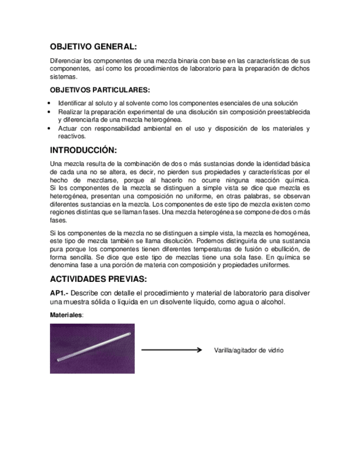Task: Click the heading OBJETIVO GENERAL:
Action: (x=93, y=47)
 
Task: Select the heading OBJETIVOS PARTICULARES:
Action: (x=99, y=90)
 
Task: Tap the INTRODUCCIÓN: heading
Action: (x=84, y=151)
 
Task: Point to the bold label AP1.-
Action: (x=59, y=293)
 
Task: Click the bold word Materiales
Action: (x=66, y=315)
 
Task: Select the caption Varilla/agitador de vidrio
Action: (x=248, y=350)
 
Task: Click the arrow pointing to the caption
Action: (x=173, y=349)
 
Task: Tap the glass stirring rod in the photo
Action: (x=92, y=347)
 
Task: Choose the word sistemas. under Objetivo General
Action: (x=62, y=77)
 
